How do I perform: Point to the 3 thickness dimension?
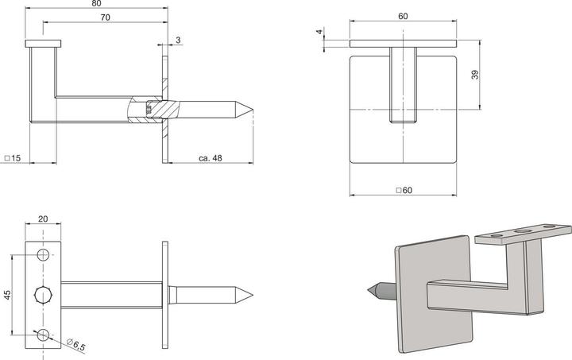(x=179, y=40)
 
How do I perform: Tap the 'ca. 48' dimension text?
(x=210, y=158)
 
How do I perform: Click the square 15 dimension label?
(x=12, y=158)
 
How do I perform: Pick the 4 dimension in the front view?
(x=319, y=33)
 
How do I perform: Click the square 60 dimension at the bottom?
(x=404, y=190)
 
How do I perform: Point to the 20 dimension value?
(x=43, y=219)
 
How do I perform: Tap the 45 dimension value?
(x=7, y=295)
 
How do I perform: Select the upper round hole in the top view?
(x=43, y=255)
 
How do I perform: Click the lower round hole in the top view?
(x=43, y=333)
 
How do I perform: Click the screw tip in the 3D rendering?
(x=371, y=294)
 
